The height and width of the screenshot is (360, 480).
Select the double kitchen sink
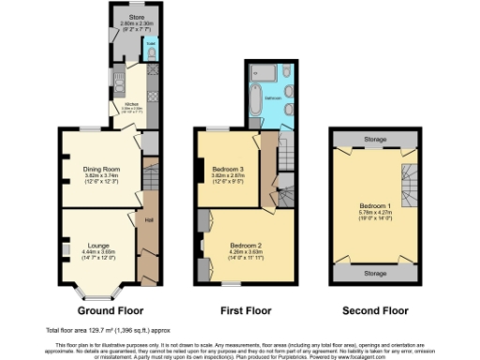click(x=117, y=79)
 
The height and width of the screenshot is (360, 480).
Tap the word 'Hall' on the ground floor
click(x=148, y=220)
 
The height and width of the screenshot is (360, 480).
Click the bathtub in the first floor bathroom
click(x=255, y=97)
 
